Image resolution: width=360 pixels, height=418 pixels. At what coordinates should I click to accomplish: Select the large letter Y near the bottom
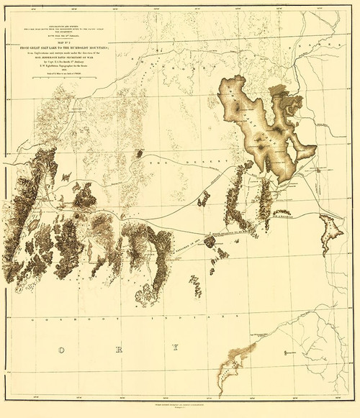[x=174, y=349]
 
